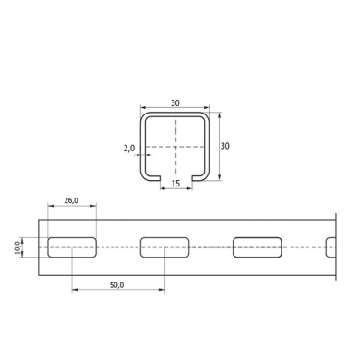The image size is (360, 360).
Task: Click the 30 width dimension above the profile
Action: click(x=175, y=103)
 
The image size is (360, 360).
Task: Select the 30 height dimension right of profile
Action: click(x=225, y=146)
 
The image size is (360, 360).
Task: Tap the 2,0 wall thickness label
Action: click(x=129, y=149)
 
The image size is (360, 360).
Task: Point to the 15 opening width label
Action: click(x=175, y=184)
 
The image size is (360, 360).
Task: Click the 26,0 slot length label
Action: click(x=71, y=200)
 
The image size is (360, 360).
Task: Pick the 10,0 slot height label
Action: click(x=18, y=247)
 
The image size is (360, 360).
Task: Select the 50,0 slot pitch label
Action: click(x=117, y=285)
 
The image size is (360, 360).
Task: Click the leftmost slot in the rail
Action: click(x=72, y=247)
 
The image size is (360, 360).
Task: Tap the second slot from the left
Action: click(x=164, y=247)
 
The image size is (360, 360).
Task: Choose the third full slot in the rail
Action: click(x=258, y=247)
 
